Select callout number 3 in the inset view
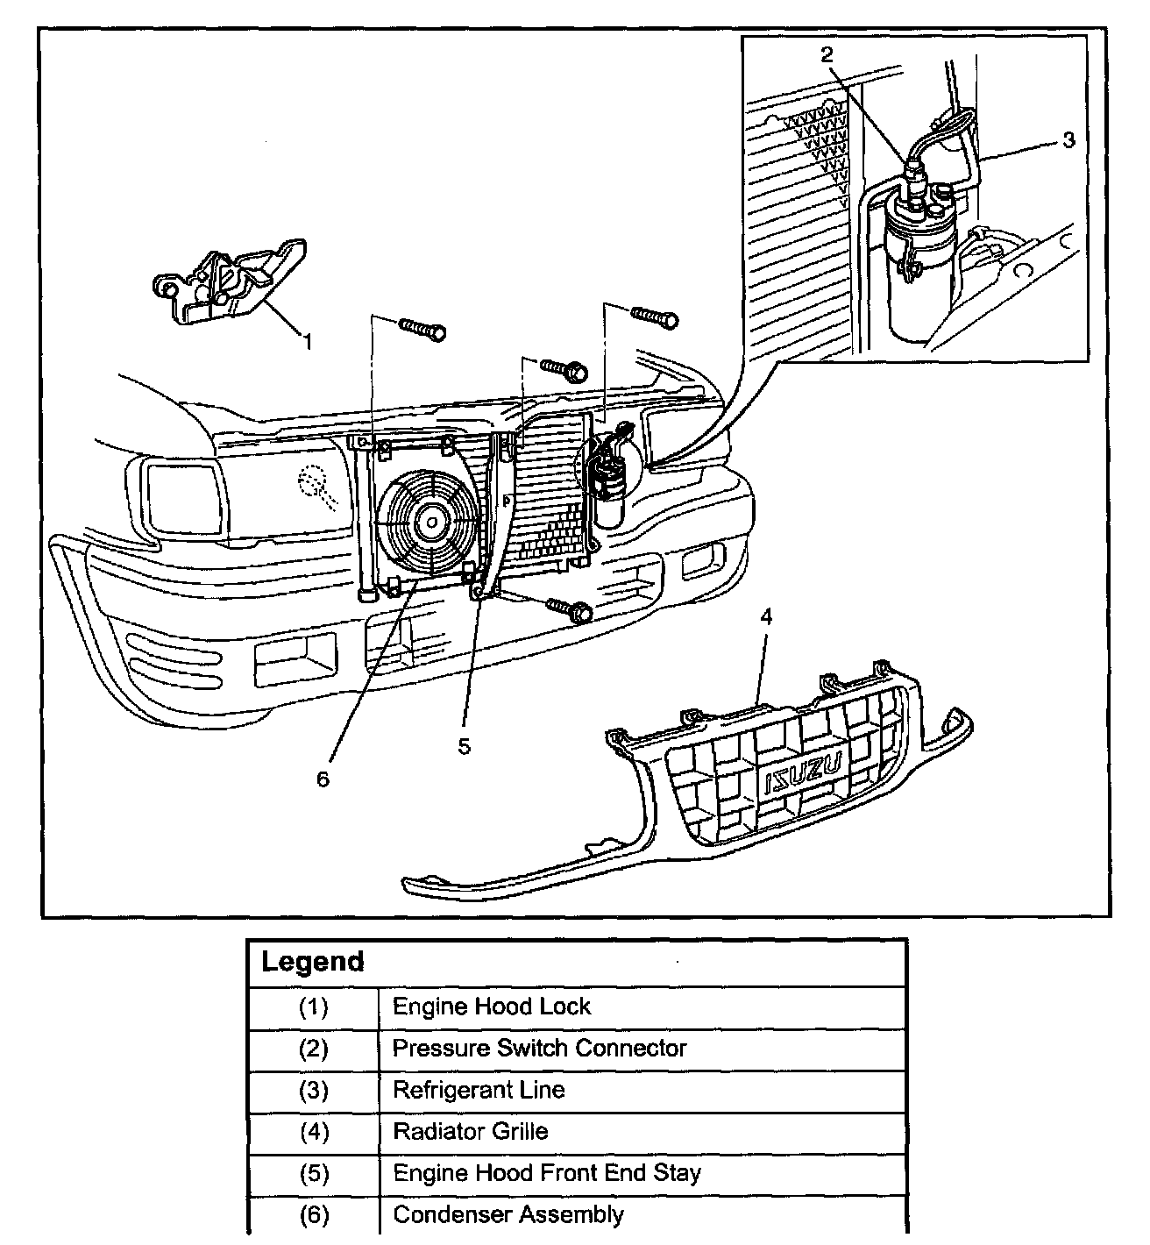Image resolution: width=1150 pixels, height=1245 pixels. point(1068,139)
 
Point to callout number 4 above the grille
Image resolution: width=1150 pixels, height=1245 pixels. point(766,617)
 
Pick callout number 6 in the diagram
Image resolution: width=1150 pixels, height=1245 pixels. point(323,778)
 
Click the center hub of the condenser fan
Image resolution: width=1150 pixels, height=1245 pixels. point(431,522)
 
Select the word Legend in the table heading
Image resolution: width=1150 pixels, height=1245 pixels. point(313,962)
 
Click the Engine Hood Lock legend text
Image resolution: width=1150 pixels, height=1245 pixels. point(492,1006)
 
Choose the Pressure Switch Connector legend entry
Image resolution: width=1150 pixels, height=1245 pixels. point(539,1048)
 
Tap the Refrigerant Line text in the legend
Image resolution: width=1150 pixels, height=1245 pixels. point(479,1090)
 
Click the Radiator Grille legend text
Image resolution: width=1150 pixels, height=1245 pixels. point(471,1131)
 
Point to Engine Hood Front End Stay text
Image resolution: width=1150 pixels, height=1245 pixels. point(547,1173)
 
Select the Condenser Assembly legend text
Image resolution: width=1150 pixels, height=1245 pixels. point(508,1214)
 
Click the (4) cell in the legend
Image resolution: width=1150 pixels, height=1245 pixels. point(313,1131)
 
